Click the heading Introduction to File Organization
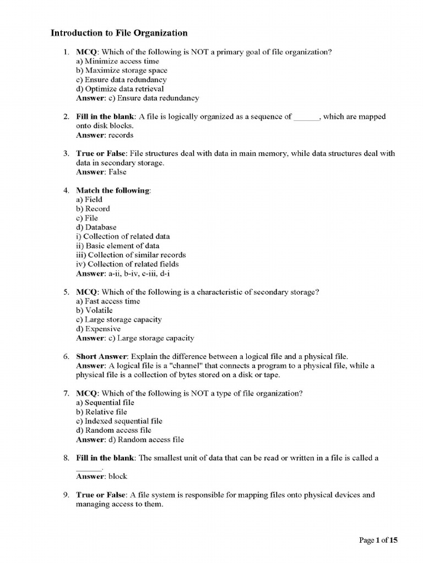(119, 33)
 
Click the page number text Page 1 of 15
(378, 540)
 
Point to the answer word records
(121, 135)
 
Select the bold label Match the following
(112, 190)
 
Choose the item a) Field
(89, 200)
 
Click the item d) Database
(96, 227)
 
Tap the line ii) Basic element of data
(117, 246)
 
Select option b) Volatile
(94, 310)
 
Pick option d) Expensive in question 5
(98, 329)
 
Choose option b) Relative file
(101, 412)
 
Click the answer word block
(117, 476)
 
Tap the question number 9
(66, 495)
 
